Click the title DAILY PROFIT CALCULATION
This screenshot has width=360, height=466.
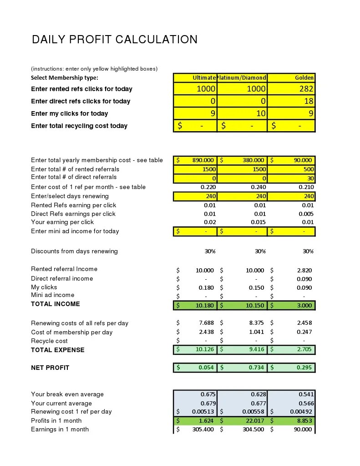pyautogui.click(x=115, y=40)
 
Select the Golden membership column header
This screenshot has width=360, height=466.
pyautogui.click(x=304, y=77)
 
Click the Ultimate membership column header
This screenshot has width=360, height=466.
pyautogui.click(x=204, y=77)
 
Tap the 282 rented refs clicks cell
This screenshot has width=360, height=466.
pyautogui.click(x=305, y=89)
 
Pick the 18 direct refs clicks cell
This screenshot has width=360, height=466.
pyautogui.click(x=308, y=101)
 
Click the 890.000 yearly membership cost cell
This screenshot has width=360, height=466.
pyautogui.click(x=203, y=160)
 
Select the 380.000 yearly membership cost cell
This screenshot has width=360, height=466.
pyautogui.click(x=253, y=160)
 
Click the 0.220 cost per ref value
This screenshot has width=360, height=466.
pyautogui.click(x=208, y=187)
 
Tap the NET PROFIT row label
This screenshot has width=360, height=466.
pyautogui.click(x=50, y=368)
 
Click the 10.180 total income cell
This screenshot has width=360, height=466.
pyautogui.click(x=204, y=305)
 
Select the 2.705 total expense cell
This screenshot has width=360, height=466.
pyautogui.click(x=304, y=350)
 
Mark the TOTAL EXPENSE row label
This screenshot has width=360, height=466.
pyautogui.click(x=57, y=350)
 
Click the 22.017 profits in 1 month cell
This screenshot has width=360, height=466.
pyautogui.click(x=254, y=420)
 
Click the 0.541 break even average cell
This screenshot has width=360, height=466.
pyautogui.click(x=306, y=394)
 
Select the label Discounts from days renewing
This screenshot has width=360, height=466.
pyautogui.click(x=74, y=251)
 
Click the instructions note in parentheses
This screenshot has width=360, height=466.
pyautogui.click(x=94, y=69)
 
